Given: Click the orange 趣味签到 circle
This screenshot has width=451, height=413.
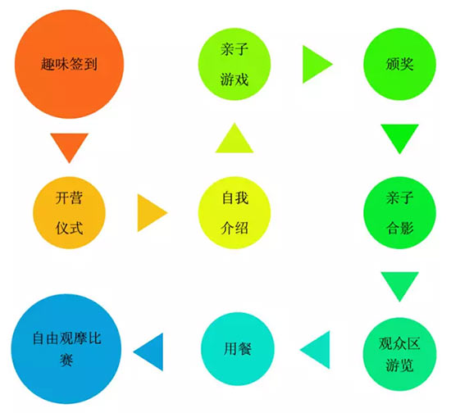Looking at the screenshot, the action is (x=70, y=64).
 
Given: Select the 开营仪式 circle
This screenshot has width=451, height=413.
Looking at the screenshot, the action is (x=70, y=213).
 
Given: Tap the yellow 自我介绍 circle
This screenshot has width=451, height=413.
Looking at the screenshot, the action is (x=235, y=213).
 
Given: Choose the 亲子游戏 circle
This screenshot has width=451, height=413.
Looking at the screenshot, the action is (x=235, y=64).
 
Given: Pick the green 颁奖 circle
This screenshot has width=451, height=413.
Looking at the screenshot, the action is (x=400, y=64).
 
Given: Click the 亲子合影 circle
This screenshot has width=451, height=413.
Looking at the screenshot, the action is (x=400, y=213).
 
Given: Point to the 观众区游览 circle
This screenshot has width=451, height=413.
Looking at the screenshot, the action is (x=400, y=354).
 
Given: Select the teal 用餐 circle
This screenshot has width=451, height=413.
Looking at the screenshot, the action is (x=238, y=349).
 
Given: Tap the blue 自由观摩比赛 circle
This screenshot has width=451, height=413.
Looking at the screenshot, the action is (x=66, y=349).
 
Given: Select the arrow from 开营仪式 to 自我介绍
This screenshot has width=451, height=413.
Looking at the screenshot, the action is (x=150, y=213).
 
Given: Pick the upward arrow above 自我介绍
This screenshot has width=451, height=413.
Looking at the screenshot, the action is (x=235, y=140).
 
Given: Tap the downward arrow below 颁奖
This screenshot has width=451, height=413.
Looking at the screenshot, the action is (x=400, y=136).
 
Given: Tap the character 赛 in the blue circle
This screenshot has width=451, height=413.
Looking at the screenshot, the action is (x=66, y=360).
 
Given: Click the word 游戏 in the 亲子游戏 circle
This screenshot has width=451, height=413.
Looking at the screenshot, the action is (x=235, y=79).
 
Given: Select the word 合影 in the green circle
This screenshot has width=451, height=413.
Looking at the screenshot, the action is (x=400, y=228).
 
